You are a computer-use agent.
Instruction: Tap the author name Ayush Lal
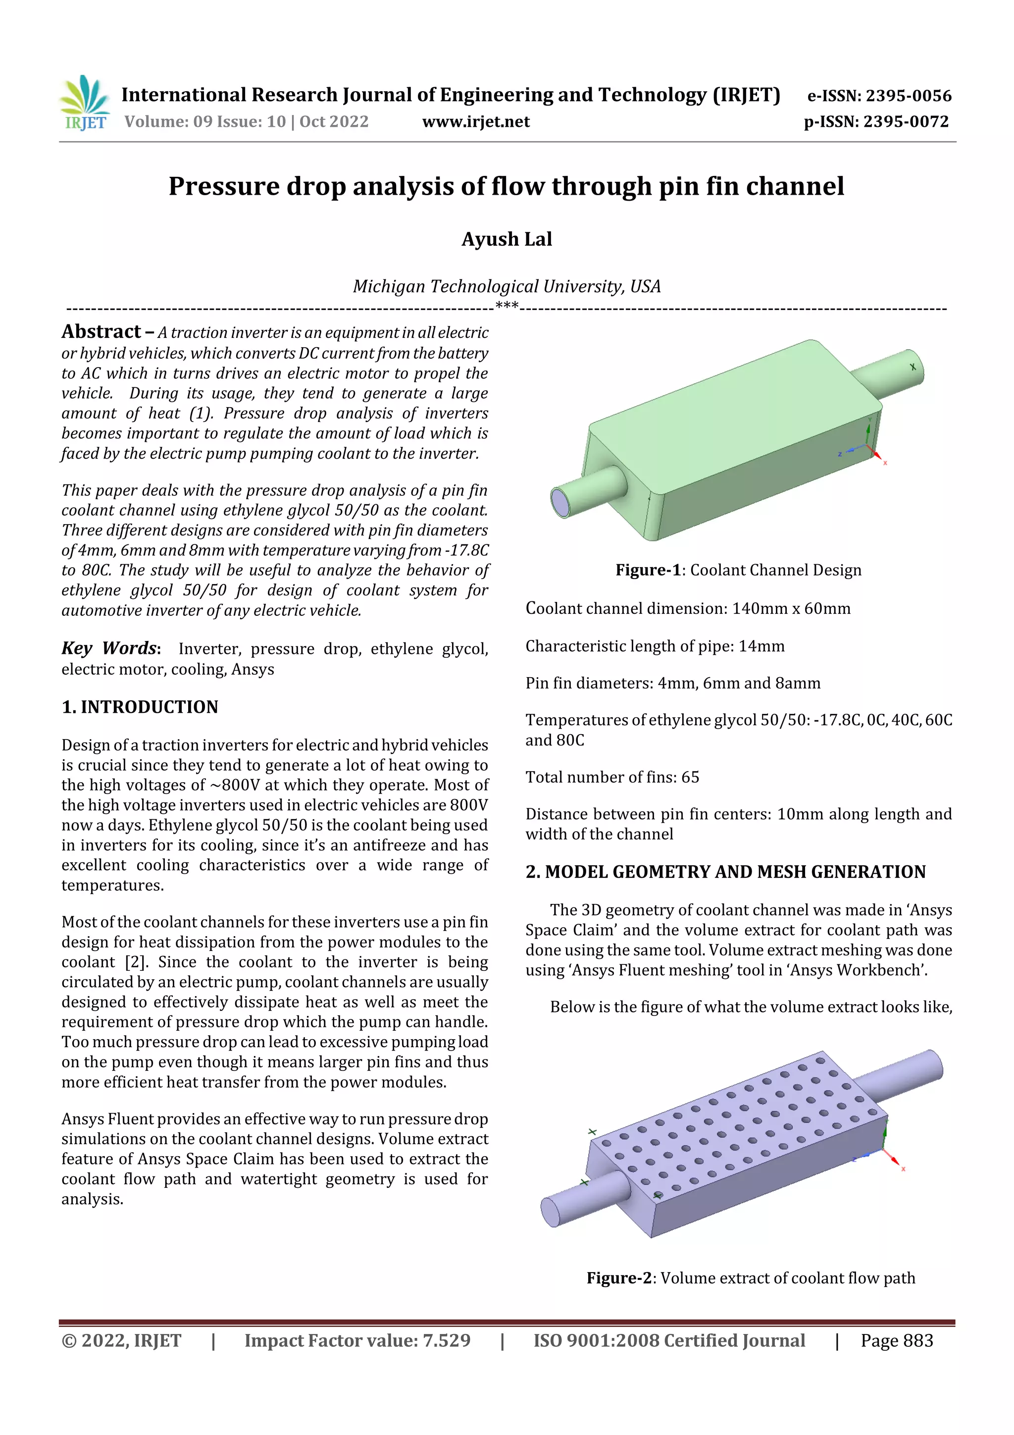click(x=506, y=239)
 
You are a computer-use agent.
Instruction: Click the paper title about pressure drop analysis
click(x=506, y=186)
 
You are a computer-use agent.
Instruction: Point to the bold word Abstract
click(x=101, y=331)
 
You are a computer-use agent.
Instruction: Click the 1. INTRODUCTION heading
click(x=140, y=707)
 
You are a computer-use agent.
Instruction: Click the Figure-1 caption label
click(x=647, y=570)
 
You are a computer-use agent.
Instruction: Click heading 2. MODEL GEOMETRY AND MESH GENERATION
click(x=725, y=872)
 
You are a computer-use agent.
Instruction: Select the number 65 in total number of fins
click(x=690, y=777)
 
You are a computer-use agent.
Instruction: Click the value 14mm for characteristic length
click(x=761, y=646)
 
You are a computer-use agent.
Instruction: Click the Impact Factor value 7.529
click(x=446, y=1340)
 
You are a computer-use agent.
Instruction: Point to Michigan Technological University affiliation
click(x=506, y=286)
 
